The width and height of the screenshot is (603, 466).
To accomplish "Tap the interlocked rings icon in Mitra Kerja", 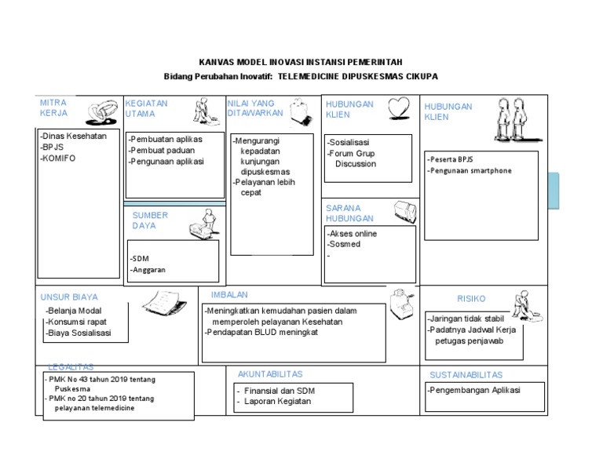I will click(100, 112).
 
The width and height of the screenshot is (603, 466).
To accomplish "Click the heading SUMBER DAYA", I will click(150, 220).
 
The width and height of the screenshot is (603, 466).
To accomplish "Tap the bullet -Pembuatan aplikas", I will click(166, 139).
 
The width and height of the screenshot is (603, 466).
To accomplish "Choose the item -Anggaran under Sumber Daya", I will click(148, 270).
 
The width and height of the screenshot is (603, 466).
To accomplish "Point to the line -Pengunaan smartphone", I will click(470, 170).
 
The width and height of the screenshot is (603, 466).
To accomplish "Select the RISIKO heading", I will click(471, 299).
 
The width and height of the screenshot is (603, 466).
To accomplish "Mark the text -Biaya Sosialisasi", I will click(78, 333).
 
